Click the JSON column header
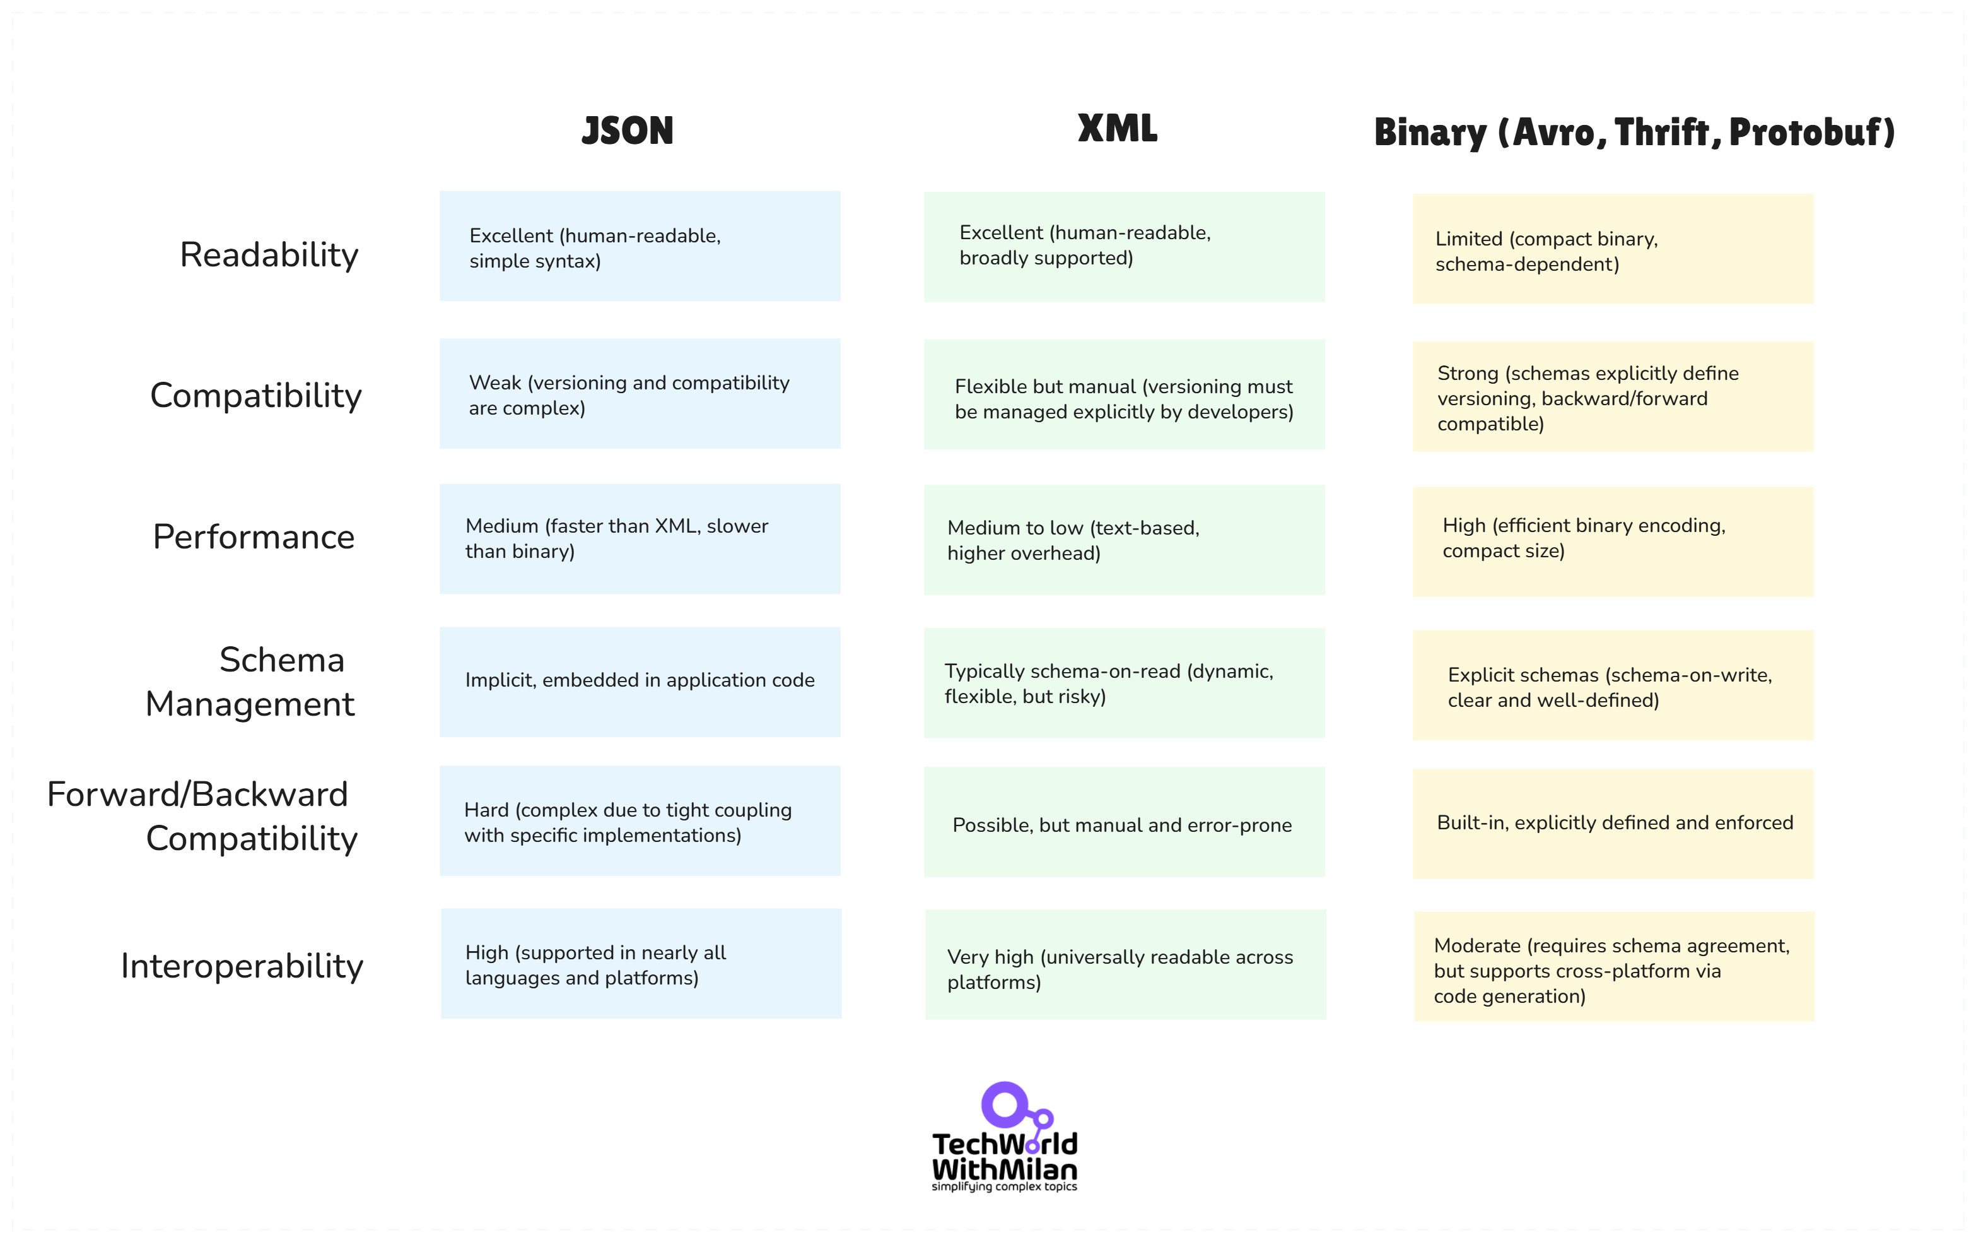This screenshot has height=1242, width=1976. click(628, 131)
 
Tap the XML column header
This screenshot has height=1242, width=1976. click(1118, 129)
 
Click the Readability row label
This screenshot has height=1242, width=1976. click(269, 254)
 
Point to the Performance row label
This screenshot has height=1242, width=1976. click(254, 537)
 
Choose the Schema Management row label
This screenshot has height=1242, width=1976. click(250, 682)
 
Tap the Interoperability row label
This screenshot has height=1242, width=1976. click(242, 966)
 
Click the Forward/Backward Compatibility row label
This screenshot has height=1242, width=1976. click(202, 817)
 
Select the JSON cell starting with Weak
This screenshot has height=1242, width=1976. click(640, 394)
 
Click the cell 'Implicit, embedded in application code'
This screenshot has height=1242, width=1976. click(640, 682)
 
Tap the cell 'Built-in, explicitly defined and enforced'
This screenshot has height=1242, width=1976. click(1613, 824)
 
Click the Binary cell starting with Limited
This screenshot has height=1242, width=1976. click(1613, 249)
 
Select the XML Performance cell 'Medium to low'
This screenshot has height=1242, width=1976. click(1123, 540)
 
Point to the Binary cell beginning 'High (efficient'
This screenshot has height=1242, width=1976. click(1613, 541)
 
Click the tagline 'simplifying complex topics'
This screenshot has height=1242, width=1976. click(1005, 1187)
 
